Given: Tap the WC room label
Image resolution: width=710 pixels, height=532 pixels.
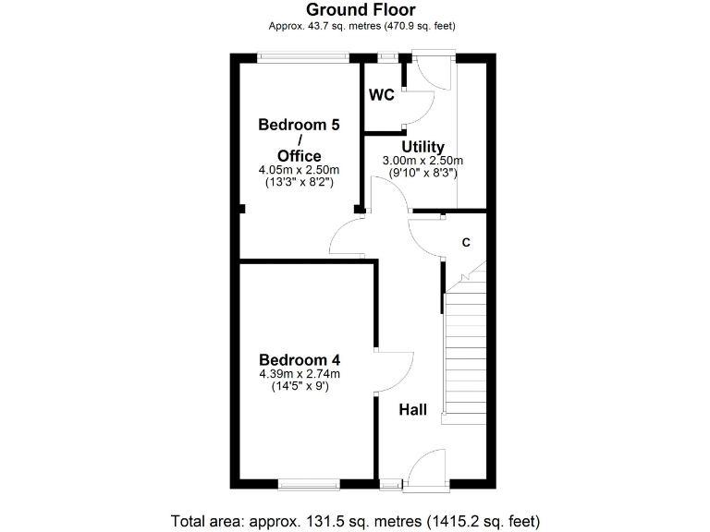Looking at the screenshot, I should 382,95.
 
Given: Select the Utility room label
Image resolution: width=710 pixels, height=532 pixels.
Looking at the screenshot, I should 422,147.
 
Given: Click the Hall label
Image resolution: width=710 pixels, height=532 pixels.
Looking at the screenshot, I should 412,408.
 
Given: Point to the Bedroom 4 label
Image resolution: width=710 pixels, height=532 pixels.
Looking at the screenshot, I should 300,360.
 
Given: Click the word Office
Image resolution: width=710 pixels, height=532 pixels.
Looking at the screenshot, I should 300,156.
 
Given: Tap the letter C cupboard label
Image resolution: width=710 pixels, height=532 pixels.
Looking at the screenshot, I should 466,243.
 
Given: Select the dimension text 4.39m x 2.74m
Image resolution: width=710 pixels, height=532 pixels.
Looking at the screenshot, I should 300,374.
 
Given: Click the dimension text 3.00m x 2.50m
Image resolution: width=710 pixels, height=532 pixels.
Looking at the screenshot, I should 422,161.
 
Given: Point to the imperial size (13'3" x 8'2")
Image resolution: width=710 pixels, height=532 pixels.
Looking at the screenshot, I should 300,184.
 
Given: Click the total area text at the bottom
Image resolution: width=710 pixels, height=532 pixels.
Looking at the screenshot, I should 355,519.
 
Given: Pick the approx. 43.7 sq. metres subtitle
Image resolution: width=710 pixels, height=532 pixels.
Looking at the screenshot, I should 361,26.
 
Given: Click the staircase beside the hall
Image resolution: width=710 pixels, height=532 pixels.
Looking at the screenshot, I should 464,356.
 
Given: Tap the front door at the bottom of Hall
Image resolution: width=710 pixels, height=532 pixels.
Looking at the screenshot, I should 427,469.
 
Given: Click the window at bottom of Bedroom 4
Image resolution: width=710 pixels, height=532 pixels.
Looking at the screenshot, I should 310,483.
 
